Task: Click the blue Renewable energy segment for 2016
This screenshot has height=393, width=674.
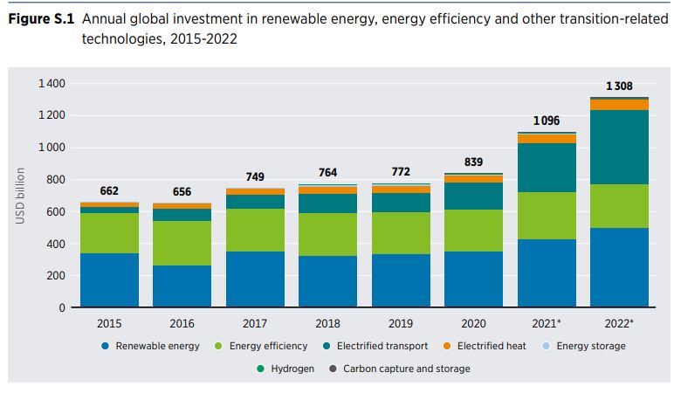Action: [x=182, y=286]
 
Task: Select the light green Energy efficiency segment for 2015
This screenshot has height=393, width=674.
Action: [x=109, y=232]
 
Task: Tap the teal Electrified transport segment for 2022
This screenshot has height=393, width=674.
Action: [x=619, y=147]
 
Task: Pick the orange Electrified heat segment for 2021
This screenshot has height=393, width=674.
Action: [x=546, y=138]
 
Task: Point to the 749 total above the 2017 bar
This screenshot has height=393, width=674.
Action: [x=254, y=176]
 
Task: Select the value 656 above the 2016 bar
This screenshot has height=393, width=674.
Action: [x=182, y=191]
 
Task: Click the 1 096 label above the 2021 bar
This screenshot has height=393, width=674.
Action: [x=546, y=121]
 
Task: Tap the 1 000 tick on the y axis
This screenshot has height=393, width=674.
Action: [x=52, y=148]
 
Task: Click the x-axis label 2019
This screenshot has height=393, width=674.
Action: [x=400, y=323]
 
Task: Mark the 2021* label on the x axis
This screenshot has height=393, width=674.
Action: [x=547, y=323]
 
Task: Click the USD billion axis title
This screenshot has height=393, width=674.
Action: [x=19, y=196]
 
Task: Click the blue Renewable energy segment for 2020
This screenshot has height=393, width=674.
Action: [x=472, y=279]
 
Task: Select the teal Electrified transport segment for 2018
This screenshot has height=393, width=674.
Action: [x=327, y=203]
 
